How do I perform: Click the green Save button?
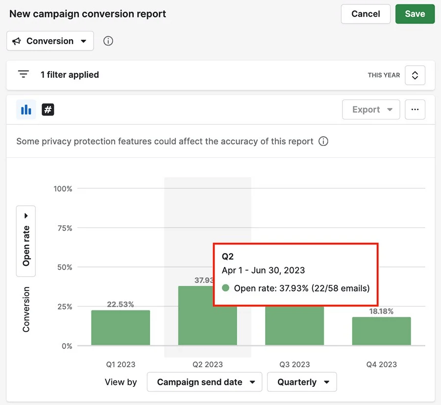[415, 14]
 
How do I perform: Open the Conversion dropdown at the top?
[50, 41]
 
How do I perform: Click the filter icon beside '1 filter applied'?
[23, 74]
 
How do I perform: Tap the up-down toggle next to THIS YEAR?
[415, 75]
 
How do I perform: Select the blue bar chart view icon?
[26, 110]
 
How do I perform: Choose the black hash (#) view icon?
[48, 110]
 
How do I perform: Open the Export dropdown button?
[371, 110]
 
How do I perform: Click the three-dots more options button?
[415, 110]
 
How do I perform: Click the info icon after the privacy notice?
[323, 142]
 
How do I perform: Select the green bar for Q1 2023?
[121, 328]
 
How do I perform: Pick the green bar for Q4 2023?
[381, 331]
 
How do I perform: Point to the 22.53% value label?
[121, 304]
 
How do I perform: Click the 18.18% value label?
[381, 311]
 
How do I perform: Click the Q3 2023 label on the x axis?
[294, 364]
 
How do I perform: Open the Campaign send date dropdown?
[204, 382]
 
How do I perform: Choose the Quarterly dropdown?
[302, 382]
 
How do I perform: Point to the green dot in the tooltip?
[226, 288]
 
